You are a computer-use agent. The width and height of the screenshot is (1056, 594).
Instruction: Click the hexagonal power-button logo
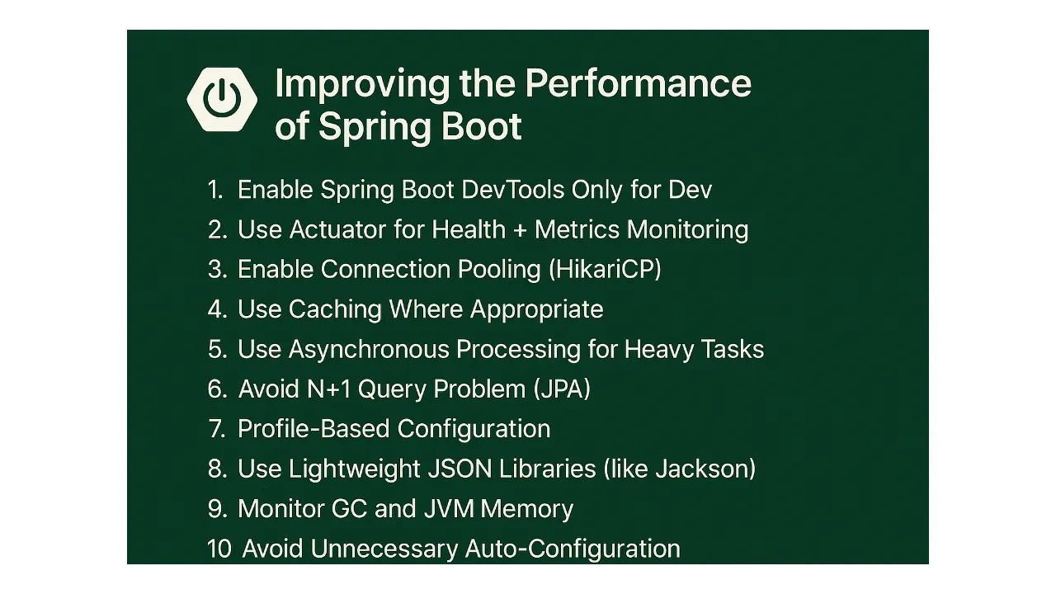(x=221, y=100)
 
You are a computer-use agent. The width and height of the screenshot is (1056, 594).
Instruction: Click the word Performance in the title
(x=638, y=83)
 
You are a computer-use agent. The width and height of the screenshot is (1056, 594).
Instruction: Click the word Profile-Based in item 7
(x=313, y=429)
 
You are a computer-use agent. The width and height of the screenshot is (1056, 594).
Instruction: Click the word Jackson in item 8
(x=705, y=469)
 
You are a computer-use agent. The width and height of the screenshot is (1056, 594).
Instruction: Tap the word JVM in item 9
(x=449, y=508)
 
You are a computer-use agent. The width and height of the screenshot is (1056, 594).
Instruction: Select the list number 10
(x=219, y=549)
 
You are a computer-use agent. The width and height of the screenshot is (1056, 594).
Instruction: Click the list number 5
(x=216, y=349)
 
